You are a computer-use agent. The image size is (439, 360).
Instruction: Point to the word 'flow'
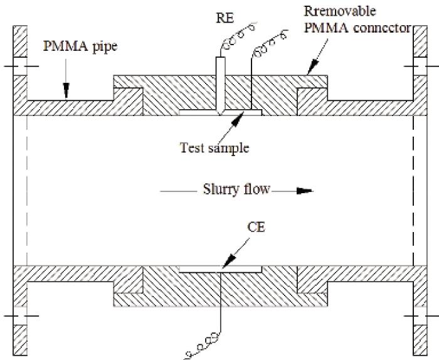(x=256, y=189)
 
